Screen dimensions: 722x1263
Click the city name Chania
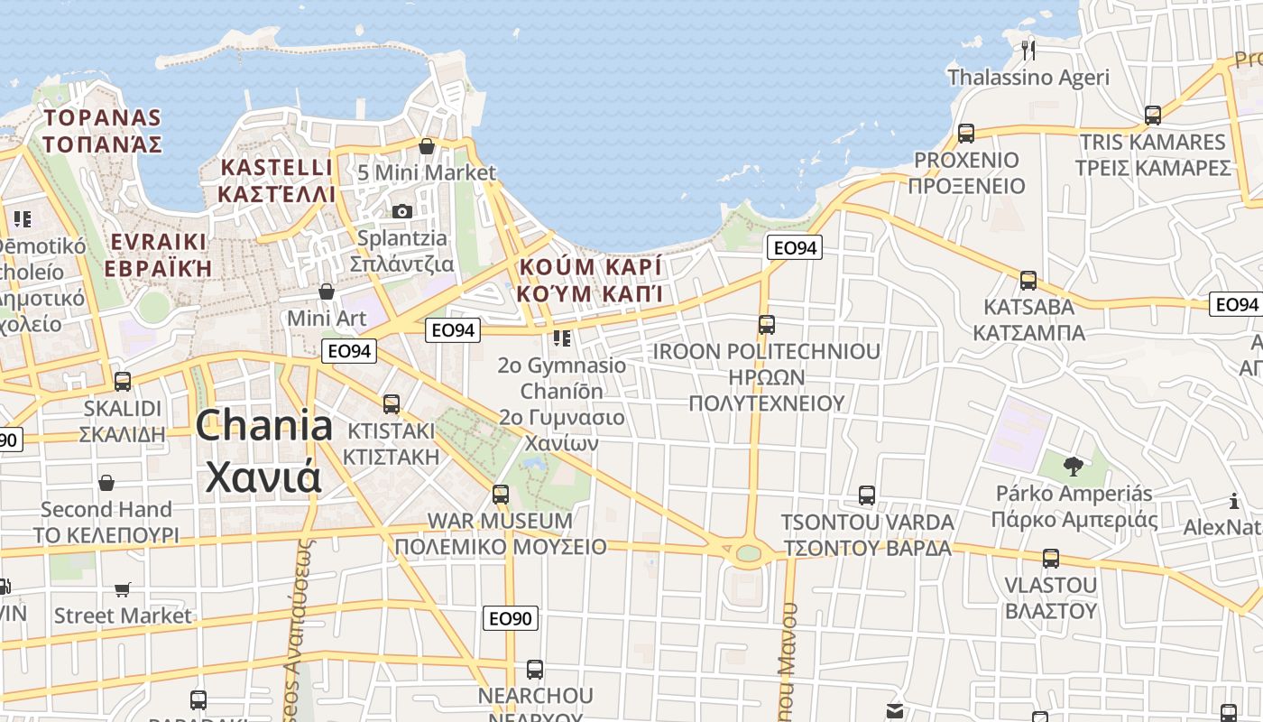point(263,426)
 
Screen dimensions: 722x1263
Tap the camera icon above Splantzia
point(402,211)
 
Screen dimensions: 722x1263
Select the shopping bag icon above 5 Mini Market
point(427,145)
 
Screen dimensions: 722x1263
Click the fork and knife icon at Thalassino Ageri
point(1028,49)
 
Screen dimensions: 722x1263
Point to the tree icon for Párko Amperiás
point(1073,467)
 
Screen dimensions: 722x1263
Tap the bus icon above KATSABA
point(1028,280)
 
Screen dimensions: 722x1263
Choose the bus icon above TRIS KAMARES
point(1153,115)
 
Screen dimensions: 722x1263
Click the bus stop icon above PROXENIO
point(966,133)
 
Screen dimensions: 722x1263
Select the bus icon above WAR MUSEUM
point(501,494)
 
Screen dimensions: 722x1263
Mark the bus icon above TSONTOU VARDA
point(867,495)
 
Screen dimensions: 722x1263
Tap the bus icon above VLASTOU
point(1051,558)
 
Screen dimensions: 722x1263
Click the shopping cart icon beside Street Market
point(123,589)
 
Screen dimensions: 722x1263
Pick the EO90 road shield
point(511,618)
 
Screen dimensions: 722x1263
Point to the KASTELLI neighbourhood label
point(277,168)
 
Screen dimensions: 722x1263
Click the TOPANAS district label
point(103,118)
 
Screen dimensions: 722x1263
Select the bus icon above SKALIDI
point(123,381)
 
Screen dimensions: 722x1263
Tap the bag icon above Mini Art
point(327,292)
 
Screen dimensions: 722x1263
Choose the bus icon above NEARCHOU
point(535,669)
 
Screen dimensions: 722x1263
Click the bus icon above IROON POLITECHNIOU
point(767,324)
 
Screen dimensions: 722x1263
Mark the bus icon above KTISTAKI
point(392,403)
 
